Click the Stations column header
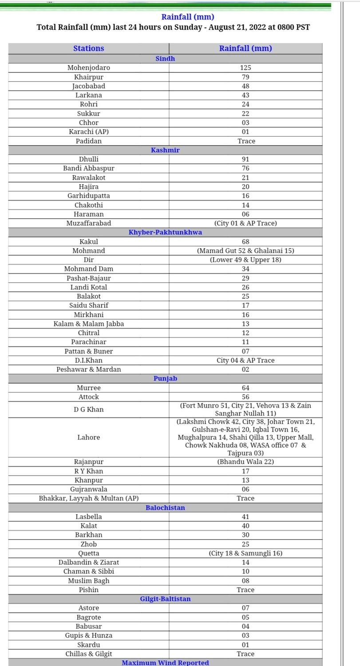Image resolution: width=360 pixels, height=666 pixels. click(89, 48)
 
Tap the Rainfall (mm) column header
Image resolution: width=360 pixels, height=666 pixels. click(245, 48)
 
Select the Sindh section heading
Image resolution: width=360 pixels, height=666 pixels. click(165, 59)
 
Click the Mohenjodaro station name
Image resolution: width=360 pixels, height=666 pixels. click(89, 68)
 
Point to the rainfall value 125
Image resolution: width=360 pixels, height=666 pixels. click(245, 68)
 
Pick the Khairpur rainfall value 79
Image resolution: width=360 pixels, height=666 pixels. click(245, 77)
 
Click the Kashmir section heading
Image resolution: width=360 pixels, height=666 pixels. click(165, 150)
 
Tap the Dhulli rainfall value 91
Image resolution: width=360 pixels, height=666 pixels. click(245, 159)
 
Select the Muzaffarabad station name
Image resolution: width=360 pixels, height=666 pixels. click(89, 223)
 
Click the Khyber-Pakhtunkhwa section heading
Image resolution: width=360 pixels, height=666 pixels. click(165, 232)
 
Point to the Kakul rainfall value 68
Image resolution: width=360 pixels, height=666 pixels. click(245, 242)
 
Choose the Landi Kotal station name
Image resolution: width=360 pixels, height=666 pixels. click(89, 287)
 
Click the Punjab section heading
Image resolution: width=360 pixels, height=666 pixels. click(165, 379)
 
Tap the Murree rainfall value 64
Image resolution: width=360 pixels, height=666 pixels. click(245, 388)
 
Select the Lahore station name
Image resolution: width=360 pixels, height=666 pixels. click(89, 437)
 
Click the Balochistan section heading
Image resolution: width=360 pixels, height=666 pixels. click(165, 507)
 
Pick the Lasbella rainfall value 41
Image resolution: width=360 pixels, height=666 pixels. click(245, 517)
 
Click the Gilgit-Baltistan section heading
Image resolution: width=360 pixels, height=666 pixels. click(165, 599)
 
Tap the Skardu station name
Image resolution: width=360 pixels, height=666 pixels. click(89, 645)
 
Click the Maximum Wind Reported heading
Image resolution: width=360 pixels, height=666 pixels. click(165, 662)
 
